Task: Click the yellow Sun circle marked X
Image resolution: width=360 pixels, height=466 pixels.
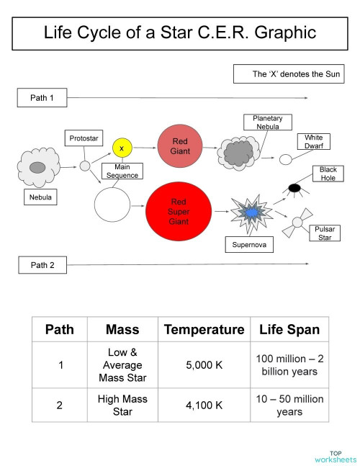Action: (x=122, y=148)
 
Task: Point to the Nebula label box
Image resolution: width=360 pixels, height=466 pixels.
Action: (x=40, y=196)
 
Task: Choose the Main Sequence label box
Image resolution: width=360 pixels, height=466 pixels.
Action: (x=122, y=171)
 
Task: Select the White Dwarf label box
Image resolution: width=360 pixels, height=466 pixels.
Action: (x=313, y=141)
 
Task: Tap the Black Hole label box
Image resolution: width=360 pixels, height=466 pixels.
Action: (x=328, y=174)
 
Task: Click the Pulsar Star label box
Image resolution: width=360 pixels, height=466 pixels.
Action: (x=323, y=233)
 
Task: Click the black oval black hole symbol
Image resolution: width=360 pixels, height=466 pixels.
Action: (x=294, y=188)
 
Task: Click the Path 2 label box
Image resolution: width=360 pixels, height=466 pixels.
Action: (x=42, y=265)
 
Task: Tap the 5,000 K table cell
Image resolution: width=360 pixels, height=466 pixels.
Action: (x=204, y=364)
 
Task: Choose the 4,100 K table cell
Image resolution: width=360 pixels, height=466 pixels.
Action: (x=204, y=405)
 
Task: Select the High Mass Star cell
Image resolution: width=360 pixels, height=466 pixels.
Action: (x=122, y=405)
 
